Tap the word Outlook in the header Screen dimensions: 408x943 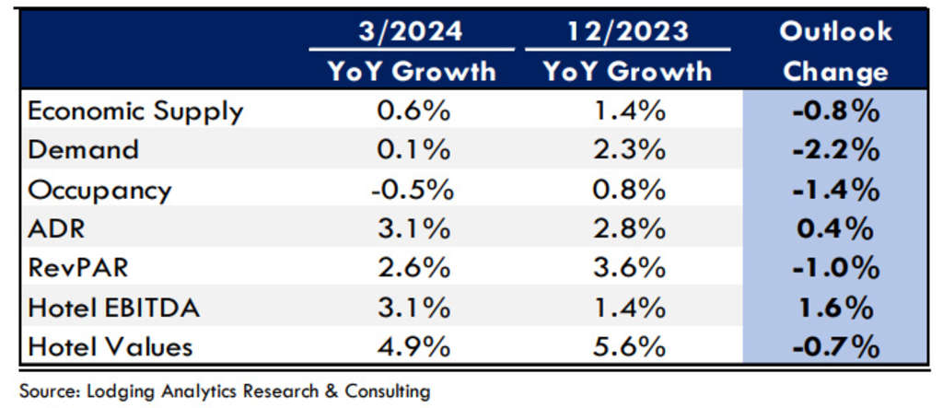835,31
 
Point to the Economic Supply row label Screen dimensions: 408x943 135,111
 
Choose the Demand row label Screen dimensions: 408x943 84,150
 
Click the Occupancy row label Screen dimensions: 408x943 100,190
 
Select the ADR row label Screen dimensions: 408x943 57,229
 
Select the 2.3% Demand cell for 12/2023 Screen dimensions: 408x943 625,150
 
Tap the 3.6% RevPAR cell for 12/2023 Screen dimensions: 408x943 625,269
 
